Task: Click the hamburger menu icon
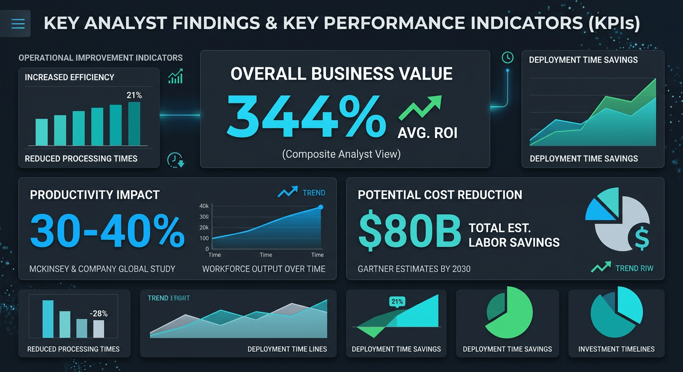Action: [18, 23]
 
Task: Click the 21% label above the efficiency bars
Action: [134, 95]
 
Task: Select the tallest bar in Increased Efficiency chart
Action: [134, 124]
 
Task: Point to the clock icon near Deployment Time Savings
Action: [507, 58]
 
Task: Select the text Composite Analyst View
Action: [341, 155]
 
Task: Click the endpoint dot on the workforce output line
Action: [321, 207]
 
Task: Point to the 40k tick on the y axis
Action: [204, 206]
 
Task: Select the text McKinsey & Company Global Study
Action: [102, 269]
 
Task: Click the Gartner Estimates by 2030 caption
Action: [414, 269]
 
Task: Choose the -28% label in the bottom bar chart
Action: [98, 314]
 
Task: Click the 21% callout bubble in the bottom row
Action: [397, 302]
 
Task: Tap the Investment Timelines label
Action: [616, 349]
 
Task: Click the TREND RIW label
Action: [634, 268]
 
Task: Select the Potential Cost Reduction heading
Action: [440, 195]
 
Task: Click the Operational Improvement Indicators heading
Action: [100, 58]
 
